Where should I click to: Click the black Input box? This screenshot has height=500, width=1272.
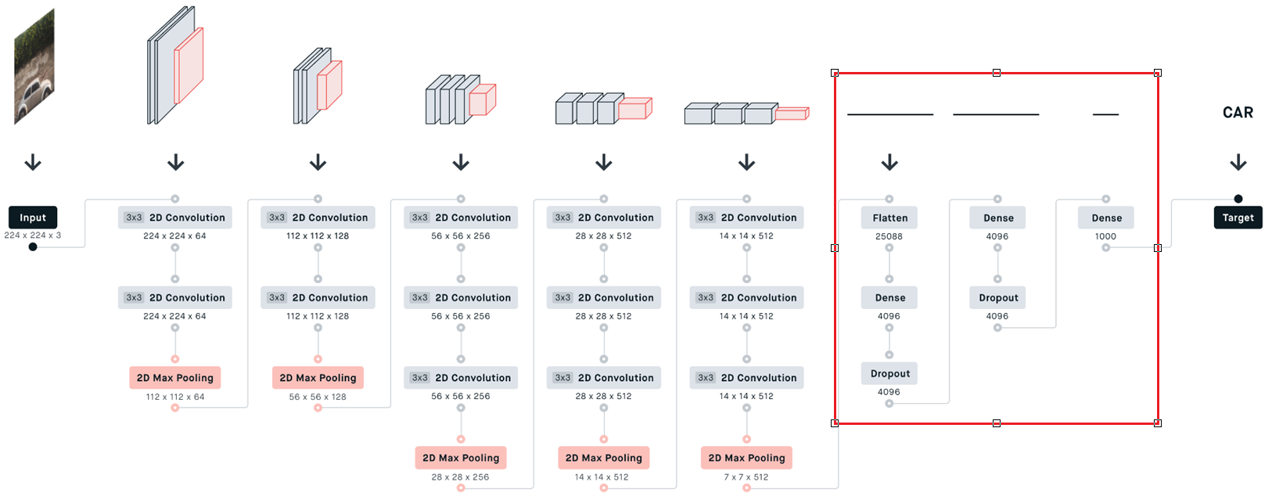point(33,218)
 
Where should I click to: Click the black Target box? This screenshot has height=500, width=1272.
point(1238,218)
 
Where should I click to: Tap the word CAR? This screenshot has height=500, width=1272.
point(1238,113)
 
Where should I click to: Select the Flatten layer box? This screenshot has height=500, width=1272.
point(889,218)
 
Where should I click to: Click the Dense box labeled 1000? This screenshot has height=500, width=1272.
point(1106,218)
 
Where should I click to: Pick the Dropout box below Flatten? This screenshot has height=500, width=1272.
point(889,373)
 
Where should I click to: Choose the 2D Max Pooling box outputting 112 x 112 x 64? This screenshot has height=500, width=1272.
point(175,377)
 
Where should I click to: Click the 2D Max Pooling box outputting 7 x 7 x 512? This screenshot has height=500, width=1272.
point(746,458)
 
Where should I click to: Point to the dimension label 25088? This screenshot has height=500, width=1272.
point(889,236)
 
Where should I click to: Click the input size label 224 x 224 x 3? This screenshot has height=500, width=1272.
point(33,235)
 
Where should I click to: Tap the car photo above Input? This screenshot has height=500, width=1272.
point(34,67)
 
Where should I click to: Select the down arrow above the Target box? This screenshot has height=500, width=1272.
point(1238,163)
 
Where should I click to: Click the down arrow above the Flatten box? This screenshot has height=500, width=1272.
point(889,163)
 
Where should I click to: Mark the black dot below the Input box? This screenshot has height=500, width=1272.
point(33,247)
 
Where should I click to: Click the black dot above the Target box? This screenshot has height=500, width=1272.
point(1238,199)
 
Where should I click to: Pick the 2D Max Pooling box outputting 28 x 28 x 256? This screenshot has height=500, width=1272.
point(461,458)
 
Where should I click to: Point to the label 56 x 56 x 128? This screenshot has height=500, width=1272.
point(318,397)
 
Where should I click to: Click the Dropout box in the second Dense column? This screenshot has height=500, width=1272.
point(998,297)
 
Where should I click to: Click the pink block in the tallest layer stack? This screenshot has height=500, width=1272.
point(189,66)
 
